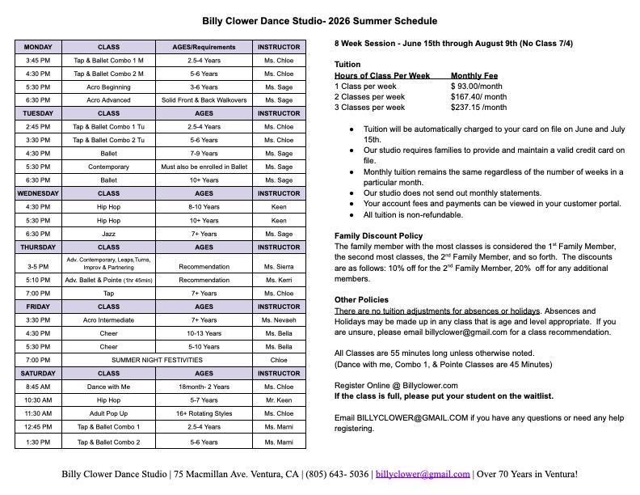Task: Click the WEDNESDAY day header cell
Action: tap(38, 193)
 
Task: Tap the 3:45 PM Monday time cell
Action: tap(38, 61)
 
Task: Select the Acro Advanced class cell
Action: tap(108, 99)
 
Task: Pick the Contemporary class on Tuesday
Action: tap(108, 167)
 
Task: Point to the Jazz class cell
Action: tap(108, 234)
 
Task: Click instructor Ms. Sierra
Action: tap(279, 265)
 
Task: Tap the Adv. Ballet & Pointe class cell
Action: tap(108, 280)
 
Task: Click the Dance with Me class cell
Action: tap(108, 387)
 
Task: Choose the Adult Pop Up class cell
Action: tap(108, 413)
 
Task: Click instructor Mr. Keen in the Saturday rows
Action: tap(279, 400)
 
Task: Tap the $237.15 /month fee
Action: tap(479, 107)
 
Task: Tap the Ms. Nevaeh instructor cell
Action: tap(279, 320)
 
